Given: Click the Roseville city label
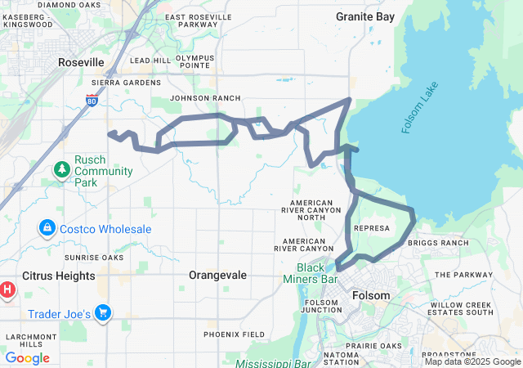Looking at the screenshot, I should tap(81, 62).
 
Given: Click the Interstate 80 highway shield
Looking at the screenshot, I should tap(92, 101).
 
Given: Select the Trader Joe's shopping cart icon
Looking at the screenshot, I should tap(103, 312).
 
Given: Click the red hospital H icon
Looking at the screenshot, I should tap(7, 289).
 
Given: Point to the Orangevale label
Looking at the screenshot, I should tap(217, 276).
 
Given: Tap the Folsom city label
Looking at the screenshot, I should tap(371, 295).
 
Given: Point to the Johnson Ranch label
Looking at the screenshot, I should tap(194, 98).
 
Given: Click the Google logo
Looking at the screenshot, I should tap(27, 358).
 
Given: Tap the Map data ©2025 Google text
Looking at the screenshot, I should tap(472, 361).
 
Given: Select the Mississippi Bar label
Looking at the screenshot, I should tap(273, 363).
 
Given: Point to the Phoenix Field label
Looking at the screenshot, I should tap(234, 334).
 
